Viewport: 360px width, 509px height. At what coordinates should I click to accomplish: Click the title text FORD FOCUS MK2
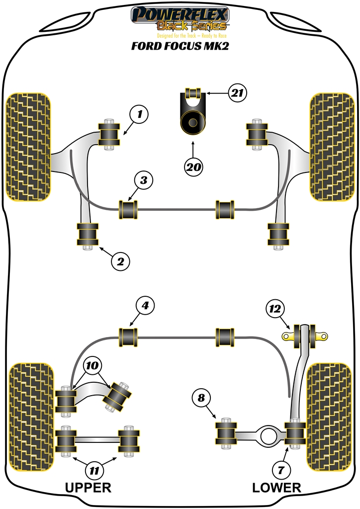(x=180, y=47)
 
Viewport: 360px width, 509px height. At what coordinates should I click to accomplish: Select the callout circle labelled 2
(x=120, y=261)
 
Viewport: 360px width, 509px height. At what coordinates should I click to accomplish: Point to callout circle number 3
(x=143, y=181)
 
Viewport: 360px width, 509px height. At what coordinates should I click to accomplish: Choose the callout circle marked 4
(x=145, y=306)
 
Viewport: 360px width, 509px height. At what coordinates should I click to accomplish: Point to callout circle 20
(x=193, y=167)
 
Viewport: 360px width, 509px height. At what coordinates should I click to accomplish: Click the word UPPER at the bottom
(x=88, y=487)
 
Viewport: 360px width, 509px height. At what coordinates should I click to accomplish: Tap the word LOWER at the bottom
(x=276, y=487)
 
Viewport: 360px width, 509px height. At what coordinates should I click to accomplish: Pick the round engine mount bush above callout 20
(x=191, y=123)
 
